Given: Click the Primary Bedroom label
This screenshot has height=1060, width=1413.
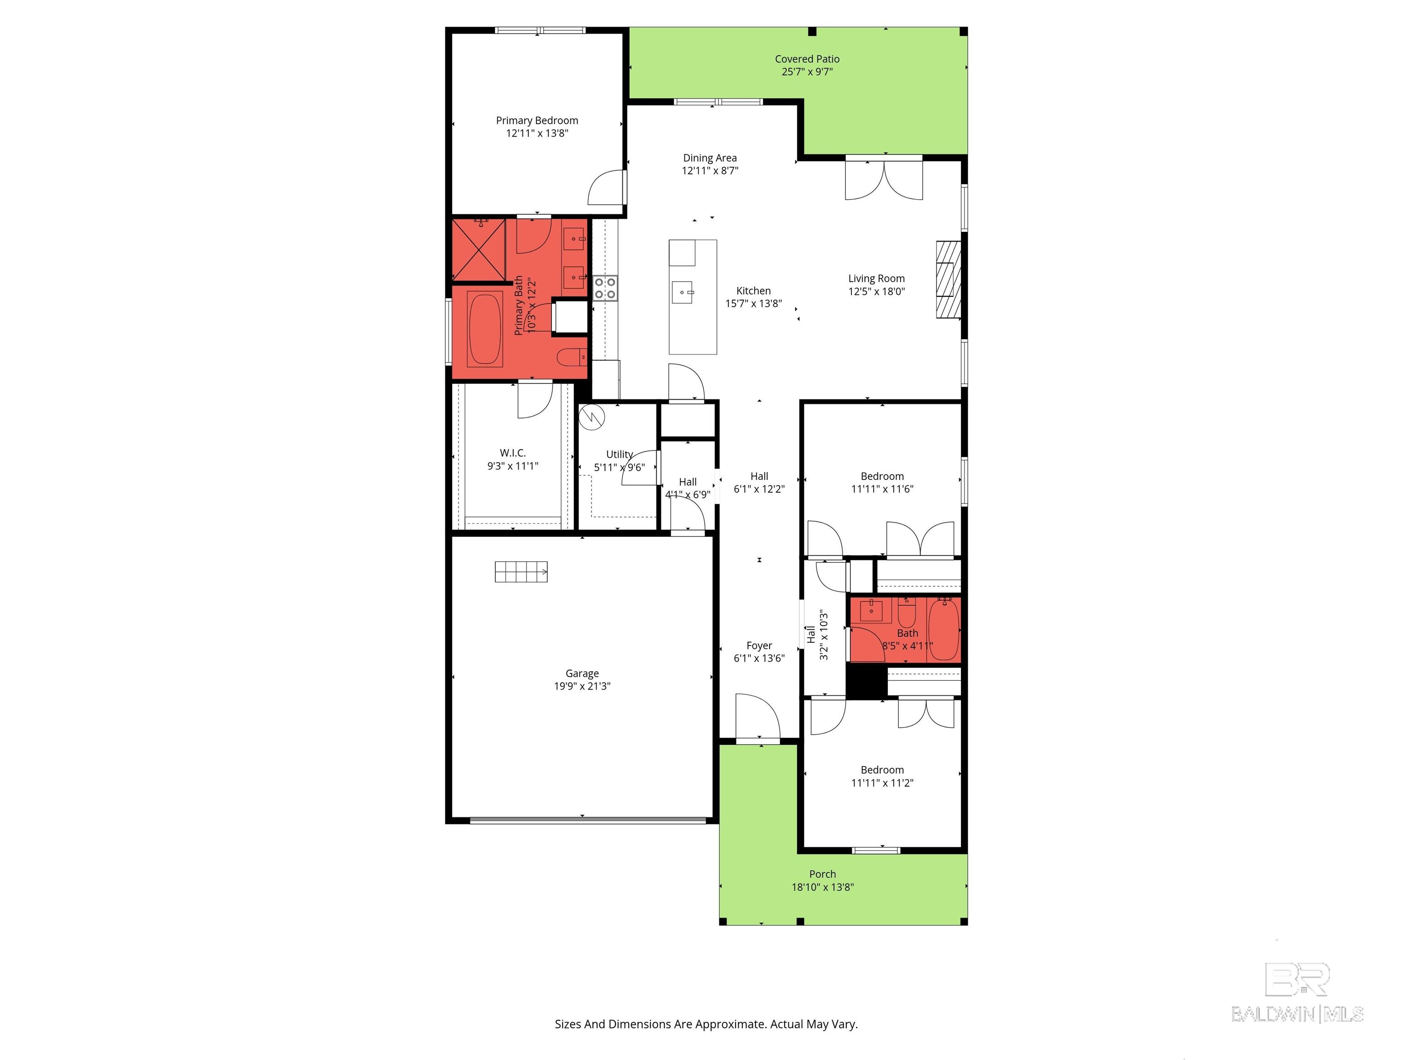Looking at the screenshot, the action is pyautogui.click(x=537, y=121).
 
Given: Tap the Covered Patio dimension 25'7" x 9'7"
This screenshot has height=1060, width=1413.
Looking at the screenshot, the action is pyautogui.click(x=807, y=72).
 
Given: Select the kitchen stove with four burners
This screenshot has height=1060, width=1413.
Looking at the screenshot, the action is pyautogui.click(x=605, y=288).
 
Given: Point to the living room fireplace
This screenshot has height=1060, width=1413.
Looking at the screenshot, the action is pyautogui.click(x=948, y=279).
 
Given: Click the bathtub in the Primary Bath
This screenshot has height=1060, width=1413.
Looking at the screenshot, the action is pyautogui.click(x=485, y=328).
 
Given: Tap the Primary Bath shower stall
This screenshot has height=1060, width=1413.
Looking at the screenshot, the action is pyautogui.click(x=478, y=250).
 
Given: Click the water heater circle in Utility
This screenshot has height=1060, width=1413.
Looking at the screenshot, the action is pyautogui.click(x=592, y=418).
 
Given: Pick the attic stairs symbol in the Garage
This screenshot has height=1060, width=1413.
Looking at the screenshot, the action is pyautogui.click(x=521, y=572).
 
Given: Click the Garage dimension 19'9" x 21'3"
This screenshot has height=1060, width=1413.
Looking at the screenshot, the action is pyautogui.click(x=582, y=686).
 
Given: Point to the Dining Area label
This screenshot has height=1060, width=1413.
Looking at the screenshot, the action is pyautogui.click(x=710, y=158).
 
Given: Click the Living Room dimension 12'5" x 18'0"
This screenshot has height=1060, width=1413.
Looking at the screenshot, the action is pyautogui.click(x=876, y=291).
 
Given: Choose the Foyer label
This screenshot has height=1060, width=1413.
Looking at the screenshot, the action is pyautogui.click(x=759, y=645).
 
